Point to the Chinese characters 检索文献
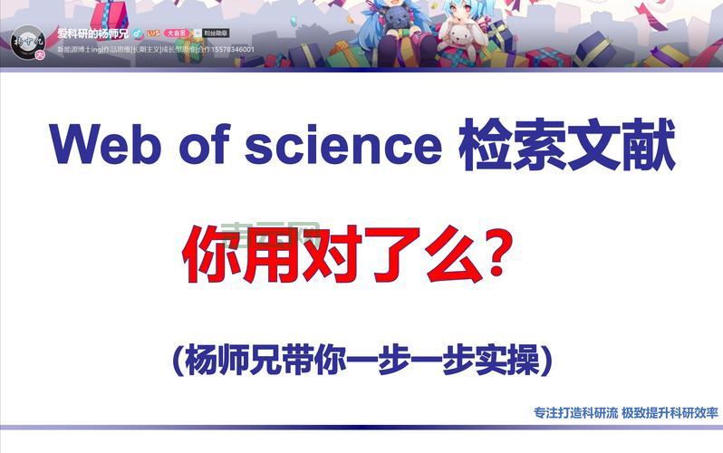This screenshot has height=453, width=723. (x=566, y=145)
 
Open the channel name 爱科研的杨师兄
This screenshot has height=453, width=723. (x=93, y=33)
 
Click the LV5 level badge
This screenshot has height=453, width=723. (x=152, y=33)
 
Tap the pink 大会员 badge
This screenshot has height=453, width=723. (x=175, y=33)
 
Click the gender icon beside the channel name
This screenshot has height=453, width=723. (x=136, y=33)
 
